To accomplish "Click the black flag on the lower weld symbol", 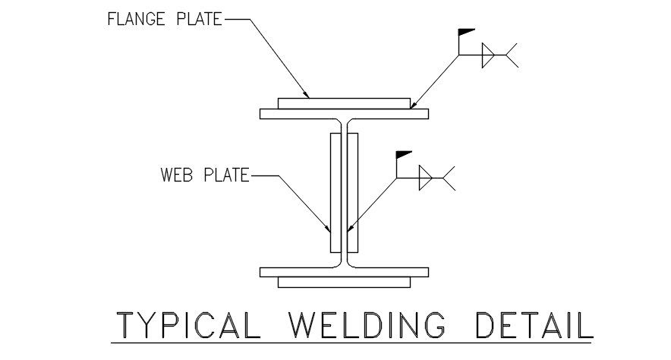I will [x=404, y=155].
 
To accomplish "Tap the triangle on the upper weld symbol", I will [x=487, y=55].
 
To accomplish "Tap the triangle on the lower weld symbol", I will [x=425, y=178].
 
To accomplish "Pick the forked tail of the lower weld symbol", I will [x=449, y=178].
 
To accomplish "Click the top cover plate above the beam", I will [x=344, y=103].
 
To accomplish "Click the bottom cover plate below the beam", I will [x=344, y=283].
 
